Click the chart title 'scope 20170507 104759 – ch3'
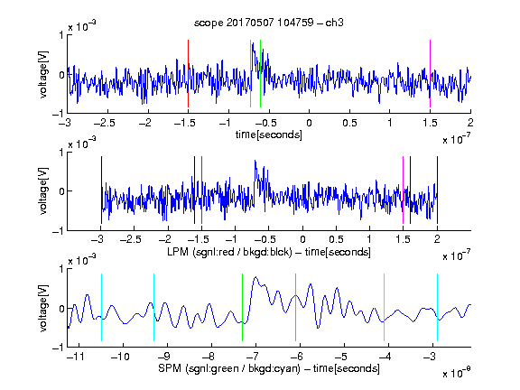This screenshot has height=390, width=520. [269, 23]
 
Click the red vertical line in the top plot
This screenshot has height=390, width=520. [188, 74]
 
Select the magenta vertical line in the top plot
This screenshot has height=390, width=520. [430, 74]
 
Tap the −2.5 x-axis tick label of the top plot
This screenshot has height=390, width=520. [104, 123]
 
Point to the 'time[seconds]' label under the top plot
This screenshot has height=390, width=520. [269, 135]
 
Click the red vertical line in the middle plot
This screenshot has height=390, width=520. [201, 190]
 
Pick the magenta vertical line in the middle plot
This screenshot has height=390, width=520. [403, 190]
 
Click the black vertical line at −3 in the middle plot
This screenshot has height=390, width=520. [101, 190]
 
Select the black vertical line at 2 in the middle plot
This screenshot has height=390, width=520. [437, 190]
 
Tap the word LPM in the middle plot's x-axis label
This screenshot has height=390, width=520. [178, 252]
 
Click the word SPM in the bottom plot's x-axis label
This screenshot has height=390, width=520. [170, 368]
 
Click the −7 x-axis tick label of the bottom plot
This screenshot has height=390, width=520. [254, 357]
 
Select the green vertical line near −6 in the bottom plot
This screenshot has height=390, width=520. [295, 307]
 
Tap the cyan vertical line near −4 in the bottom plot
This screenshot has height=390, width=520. [384, 307]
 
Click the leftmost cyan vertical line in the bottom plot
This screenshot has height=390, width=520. [101, 307]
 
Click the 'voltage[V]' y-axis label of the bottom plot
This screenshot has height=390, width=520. [43, 308]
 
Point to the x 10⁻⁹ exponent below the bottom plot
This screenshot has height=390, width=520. [457, 373]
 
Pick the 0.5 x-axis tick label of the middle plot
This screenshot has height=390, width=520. [336, 239]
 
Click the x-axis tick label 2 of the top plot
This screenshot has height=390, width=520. [470, 123]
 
